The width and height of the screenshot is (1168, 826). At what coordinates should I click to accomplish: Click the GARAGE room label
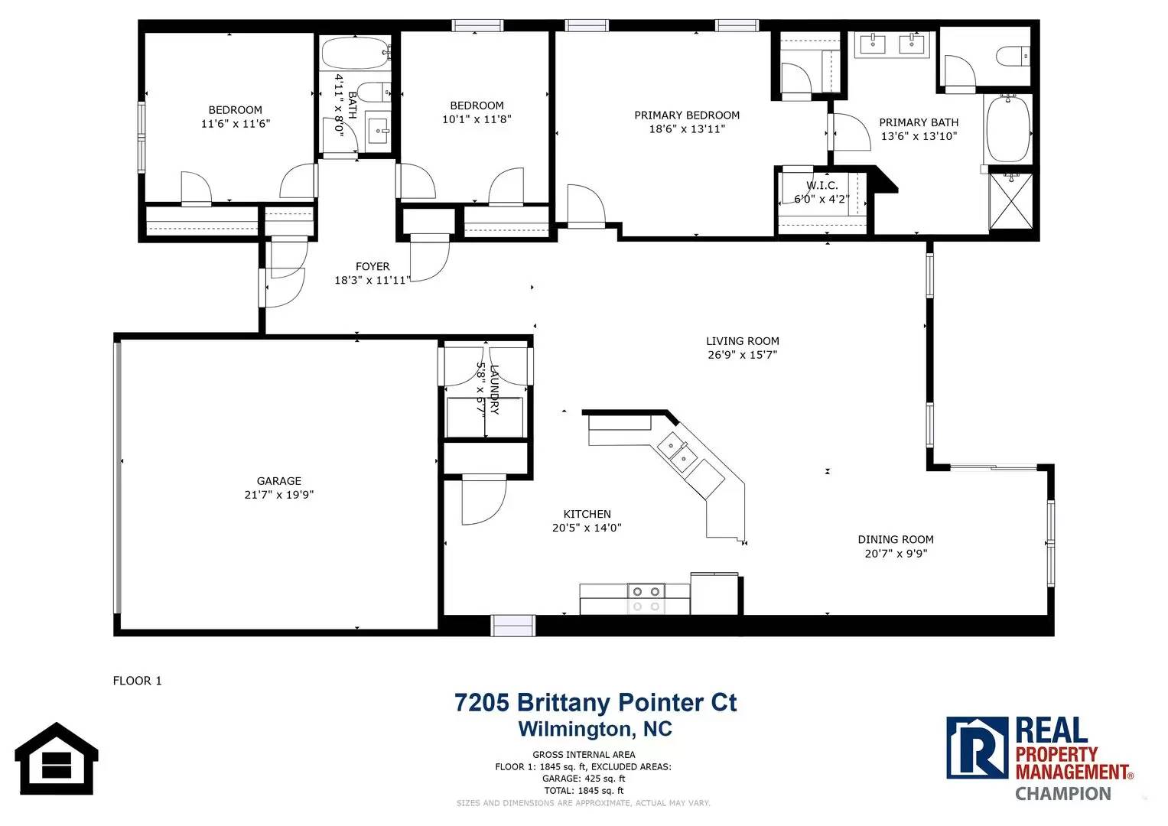279,481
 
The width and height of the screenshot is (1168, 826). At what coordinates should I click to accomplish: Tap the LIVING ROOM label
743,341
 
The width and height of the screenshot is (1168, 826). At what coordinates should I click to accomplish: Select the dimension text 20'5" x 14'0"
587,528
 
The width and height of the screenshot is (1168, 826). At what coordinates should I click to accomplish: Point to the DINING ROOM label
896,540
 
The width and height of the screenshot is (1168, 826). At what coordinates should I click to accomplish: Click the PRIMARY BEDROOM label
687,115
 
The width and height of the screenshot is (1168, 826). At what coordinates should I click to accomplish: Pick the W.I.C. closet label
822,185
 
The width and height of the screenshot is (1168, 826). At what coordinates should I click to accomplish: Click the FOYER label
373,266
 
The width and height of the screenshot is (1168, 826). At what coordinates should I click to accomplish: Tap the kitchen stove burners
646,599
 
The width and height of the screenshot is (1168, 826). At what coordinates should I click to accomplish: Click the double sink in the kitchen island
678,452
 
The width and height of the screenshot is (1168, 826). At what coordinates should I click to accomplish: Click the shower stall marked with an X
1010,201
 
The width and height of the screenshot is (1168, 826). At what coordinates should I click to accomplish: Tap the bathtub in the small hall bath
356,54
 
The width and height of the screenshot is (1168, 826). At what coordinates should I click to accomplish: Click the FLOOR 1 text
137,681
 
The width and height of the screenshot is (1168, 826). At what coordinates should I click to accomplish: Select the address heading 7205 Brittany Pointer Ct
595,702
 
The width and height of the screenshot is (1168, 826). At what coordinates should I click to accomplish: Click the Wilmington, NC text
595,729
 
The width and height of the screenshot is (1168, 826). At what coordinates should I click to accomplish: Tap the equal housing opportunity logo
57,759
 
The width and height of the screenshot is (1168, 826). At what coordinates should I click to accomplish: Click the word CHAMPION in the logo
1062,794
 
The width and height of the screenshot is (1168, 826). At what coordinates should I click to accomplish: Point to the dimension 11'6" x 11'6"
235,124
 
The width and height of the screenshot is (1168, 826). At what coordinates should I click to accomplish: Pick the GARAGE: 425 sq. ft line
584,779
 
